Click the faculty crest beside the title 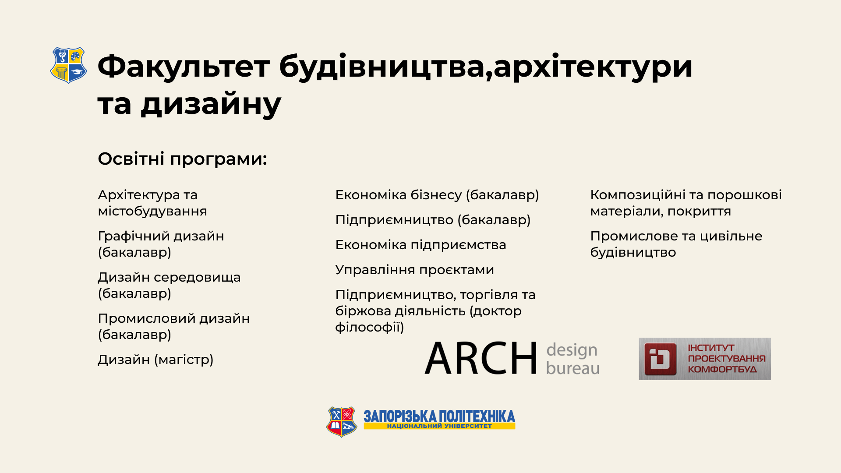68,65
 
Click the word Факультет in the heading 184,67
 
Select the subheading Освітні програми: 182,159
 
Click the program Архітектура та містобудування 152,203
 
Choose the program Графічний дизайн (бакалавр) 161,244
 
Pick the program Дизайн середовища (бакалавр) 169,285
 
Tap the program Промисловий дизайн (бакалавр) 174,326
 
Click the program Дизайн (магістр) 155,360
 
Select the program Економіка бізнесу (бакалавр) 437,195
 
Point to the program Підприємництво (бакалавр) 433,220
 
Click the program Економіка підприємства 420,245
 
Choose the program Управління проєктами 414,270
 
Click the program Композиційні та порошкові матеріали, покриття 686,203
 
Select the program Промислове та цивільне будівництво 676,244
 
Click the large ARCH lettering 481,358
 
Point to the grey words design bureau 572,359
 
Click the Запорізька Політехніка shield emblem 342,422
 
